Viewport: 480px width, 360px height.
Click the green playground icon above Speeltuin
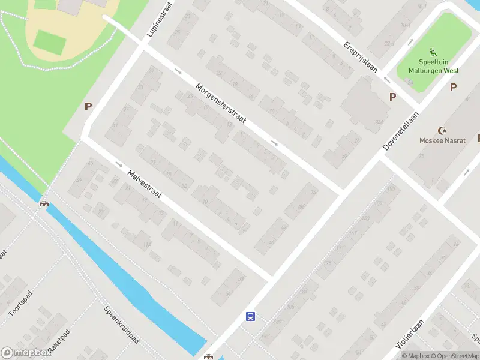432,53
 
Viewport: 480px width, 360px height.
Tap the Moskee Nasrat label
443,140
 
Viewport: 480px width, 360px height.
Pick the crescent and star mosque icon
443,130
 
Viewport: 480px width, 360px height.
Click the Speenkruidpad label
122,325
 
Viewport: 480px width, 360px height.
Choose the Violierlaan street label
410,334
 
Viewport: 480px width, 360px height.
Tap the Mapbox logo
26,353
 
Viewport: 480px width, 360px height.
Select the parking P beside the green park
88,107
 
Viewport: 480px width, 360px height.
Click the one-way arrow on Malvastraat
118,164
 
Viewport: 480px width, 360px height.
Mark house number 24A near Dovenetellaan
379,122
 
